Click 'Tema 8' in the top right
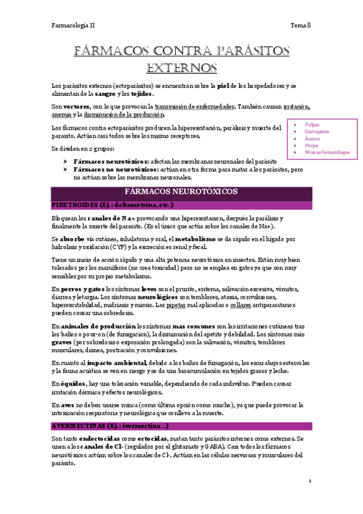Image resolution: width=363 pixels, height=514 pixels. tap(301, 25)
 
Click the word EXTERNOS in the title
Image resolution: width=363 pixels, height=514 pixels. tap(181, 66)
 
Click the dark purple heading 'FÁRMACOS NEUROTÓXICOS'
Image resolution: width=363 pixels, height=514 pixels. tap(181, 192)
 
